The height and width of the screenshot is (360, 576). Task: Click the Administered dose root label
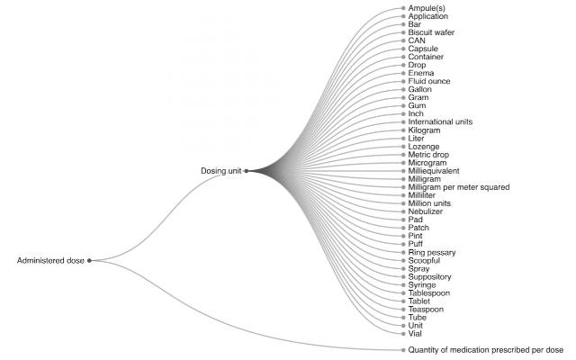pyautogui.click(x=50, y=260)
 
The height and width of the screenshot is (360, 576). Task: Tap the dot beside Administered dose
pyautogui.click(x=89, y=260)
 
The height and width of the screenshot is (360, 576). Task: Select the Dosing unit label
pyautogui.click(x=221, y=171)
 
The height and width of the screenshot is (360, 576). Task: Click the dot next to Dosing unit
pyautogui.click(x=247, y=171)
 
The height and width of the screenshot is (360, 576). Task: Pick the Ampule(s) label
pyautogui.click(x=427, y=8)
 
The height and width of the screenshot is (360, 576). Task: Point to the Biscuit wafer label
pyautogui.click(x=431, y=32)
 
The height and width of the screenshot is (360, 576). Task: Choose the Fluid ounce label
pyautogui.click(x=429, y=81)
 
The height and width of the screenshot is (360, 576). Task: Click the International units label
pyautogui.click(x=440, y=121)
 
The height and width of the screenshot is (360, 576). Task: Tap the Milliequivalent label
pyautogui.click(x=434, y=171)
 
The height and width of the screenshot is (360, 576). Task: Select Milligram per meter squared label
pyautogui.click(x=459, y=187)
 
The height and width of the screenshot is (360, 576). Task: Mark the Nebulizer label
pyautogui.click(x=426, y=211)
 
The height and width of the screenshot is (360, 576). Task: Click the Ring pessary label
pyautogui.click(x=432, y=252)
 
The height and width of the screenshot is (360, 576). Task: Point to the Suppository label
pyautogui.click(x=429, y=276)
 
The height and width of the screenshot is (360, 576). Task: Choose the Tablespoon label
pyautogui.click(x=429, y=293)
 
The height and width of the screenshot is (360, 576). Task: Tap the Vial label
pyautogui.click(x=415, y=334)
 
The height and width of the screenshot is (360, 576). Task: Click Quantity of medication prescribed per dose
pyautogui.click(x=486, y=350)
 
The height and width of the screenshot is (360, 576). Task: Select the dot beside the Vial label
pyautogui.click(x=403, y=334)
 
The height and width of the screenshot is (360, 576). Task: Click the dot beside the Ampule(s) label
pyautogui.click(x=403, y=8)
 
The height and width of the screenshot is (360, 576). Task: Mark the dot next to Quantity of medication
pyautogui.click(x=403, y=350)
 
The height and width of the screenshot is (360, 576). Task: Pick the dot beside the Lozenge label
pyautogui.click(x=403, y=147)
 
